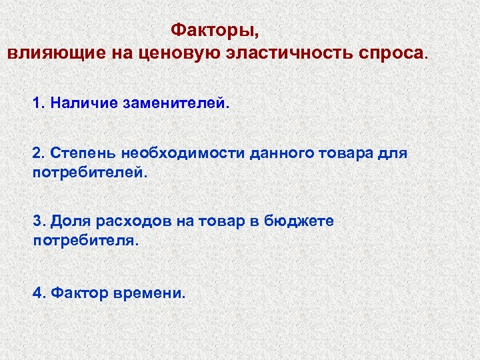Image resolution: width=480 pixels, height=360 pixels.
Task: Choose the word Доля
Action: [x=70, y=221]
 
